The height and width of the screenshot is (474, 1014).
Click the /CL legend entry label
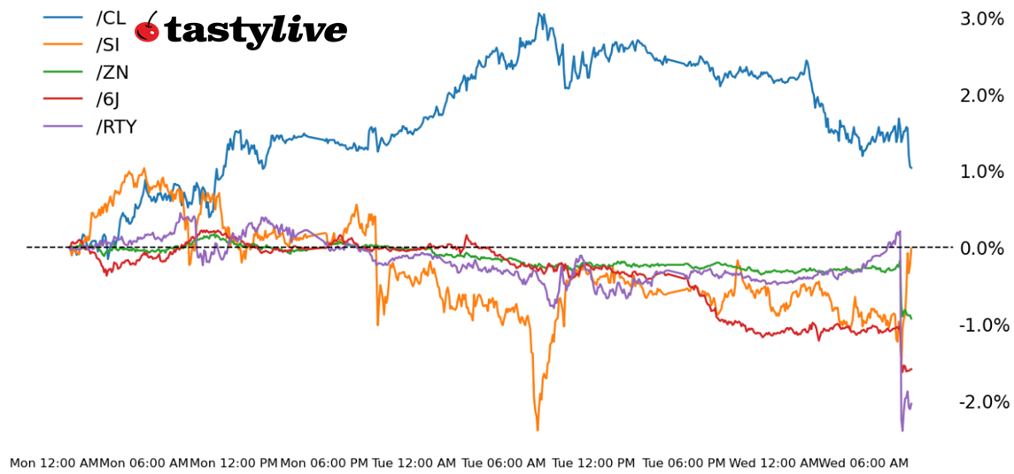(x=111, y=19)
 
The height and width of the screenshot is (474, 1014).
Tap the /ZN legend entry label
(x=112, y=73)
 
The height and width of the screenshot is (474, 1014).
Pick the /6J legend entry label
(x=109, y=100)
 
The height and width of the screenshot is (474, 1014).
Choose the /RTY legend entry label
(x=116, y=126)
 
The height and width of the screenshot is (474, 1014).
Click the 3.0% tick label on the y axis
(x=983, y=19)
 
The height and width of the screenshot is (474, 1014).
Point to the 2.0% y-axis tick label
(x=983, y=96)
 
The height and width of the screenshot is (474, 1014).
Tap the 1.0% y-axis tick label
(x=983, y=172)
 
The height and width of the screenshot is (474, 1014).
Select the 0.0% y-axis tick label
(x=983, y=248)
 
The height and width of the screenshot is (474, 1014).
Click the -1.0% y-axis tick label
(x=983, y=325)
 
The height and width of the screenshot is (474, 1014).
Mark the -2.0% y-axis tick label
(x=983, y=401)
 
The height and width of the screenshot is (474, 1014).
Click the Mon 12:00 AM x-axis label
(x=54, y=463)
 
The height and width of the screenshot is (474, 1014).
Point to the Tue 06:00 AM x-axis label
(x=505, y=463)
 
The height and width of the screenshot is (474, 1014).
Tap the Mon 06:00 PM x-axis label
(x=324, y=463)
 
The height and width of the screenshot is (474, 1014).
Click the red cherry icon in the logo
(x=147, y=28)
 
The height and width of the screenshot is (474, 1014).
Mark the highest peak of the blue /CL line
(x=538, y=14)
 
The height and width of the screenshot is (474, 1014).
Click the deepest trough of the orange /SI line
(x=538, y=430)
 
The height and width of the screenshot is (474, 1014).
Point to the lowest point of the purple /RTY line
(x=902, y=430)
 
